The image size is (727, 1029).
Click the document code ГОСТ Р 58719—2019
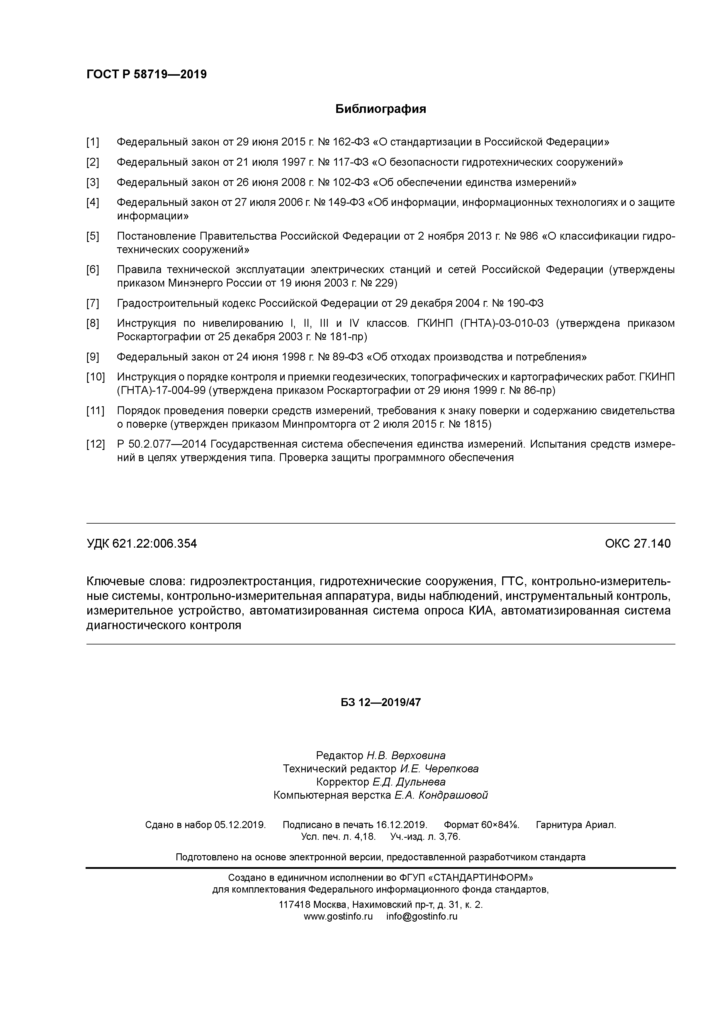(x=147, y=75)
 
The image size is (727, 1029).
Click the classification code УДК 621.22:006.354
(x=142, y=544)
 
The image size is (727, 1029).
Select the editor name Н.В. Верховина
(x=406, y=756)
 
